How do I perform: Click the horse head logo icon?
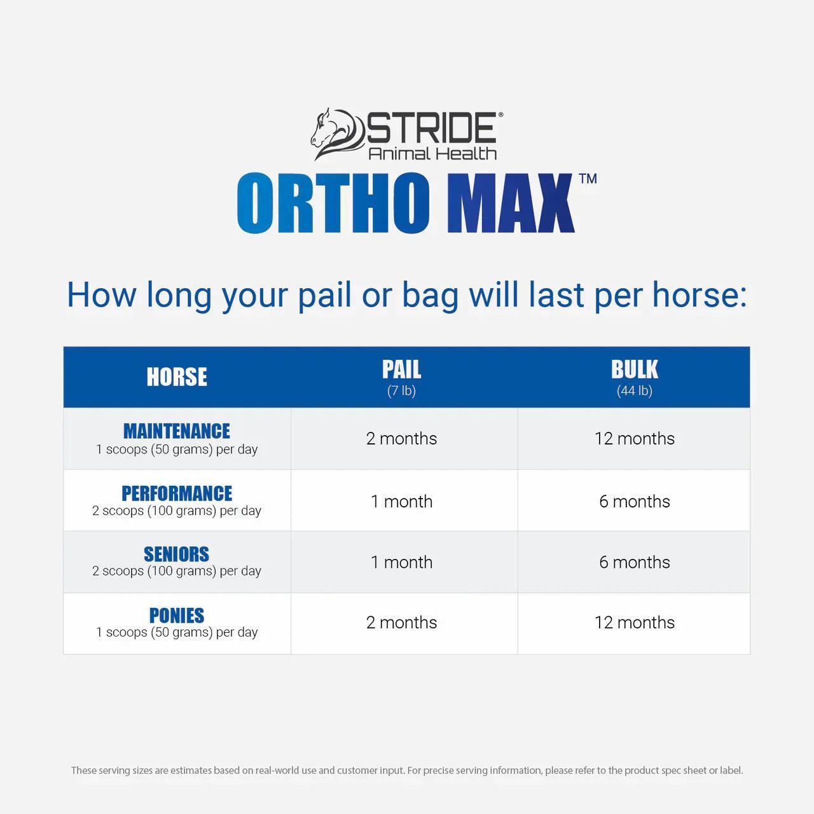[336, 134]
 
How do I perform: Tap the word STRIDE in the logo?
[431, 128]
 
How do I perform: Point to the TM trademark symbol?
[588, 179]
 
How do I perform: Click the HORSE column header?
[177, 377]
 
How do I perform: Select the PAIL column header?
[401, 370]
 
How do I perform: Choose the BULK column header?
[634, 370]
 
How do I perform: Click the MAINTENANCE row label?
[177, 431]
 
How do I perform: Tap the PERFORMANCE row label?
[177, 493]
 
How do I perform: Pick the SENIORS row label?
[177, 555]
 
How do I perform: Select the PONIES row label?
[177, 616]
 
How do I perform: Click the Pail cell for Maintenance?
[401, 439]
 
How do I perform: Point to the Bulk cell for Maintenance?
[634, 439]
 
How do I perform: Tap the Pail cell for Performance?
[401, 501]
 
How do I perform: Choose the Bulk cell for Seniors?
[634, 562]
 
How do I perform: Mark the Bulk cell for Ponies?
[634, 623]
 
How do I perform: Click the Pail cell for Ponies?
[401, 623]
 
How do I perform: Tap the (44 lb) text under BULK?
[634, 390]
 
